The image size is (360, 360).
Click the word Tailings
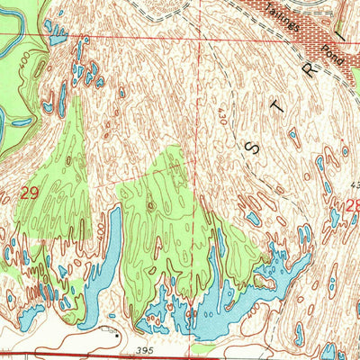[x=284, y=20]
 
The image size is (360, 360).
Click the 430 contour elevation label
[x=221, y=114]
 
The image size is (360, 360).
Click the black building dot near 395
[x=115, y=334]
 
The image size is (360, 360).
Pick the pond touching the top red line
[x=57, y=34]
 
